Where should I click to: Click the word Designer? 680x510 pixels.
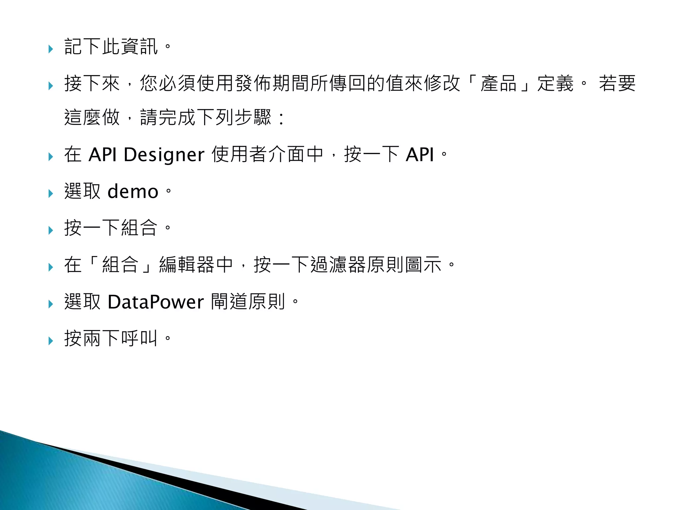tap(164, 155)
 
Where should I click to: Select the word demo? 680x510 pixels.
tap(133, 192)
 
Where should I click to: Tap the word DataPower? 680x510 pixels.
tap(156, 302)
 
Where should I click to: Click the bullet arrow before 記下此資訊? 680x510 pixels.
tap(50, 49)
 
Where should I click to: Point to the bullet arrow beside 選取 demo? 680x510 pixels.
tap(50, 194)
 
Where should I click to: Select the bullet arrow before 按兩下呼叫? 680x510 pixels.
tap(50, 341)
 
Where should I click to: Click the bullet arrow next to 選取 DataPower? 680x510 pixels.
tap(50, 304)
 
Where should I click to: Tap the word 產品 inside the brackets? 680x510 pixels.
tap(498, 83)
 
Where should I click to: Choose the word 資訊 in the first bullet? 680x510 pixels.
tap(139, 46)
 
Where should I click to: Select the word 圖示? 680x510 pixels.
tap(423, 265)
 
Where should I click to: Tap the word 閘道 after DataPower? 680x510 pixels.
tap(229, 302)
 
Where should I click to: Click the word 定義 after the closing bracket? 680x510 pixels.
tap(555, 83)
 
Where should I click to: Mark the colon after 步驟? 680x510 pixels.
tap(282, 119)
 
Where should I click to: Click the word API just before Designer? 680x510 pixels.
tap(103, 155)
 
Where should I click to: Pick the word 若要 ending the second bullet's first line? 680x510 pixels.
tap(617, 83)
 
